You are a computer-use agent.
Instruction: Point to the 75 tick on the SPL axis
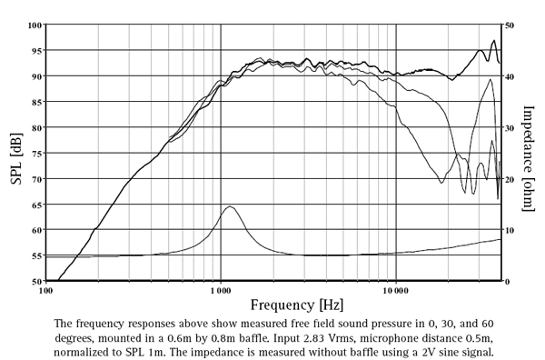click(36, 154)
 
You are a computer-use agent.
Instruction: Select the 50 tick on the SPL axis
click(36, 282)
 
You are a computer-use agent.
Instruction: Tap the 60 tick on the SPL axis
click(36, 231)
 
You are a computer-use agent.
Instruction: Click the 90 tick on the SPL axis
click(36, 76)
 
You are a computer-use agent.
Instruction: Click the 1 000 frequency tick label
click(221, 291)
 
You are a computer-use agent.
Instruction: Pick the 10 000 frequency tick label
click(396, 291)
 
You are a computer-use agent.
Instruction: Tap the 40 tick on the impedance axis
click(510, 76)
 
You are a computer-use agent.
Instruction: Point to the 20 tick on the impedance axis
click(510, 179)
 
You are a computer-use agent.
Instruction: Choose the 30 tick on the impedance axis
click(510, 128)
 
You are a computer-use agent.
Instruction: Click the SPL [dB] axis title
click(15, 154)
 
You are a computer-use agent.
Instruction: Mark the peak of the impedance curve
click(230, 206)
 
